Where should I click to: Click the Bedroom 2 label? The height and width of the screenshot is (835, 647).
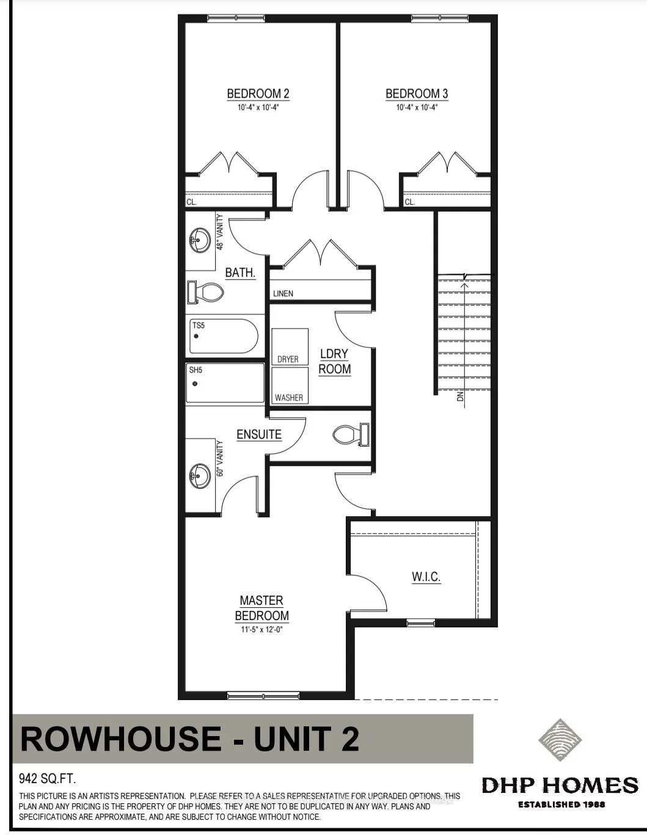tap(258, 93)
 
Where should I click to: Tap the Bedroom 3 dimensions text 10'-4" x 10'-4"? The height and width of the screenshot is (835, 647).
tap(417, 108)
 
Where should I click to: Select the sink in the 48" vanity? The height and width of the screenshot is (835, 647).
tap(200, 241)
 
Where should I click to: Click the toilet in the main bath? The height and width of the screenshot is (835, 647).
tap(205, 292)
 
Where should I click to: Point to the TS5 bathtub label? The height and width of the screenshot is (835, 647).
tap(198, 326)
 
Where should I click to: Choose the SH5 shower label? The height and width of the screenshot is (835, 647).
tap(196, 370)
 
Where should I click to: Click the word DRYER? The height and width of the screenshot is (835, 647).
tap(288, 359)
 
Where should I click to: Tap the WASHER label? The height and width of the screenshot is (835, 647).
tap(289, 398)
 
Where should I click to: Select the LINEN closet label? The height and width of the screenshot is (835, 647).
tap(283, 294)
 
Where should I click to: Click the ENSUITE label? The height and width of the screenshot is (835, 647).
tap(259, 434)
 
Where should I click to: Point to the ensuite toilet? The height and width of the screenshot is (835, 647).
tap(351, 434)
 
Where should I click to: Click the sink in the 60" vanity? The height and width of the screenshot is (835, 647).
tap(200, 476)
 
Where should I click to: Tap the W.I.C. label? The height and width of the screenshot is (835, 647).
tap(426, 577)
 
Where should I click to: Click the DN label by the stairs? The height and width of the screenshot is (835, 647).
tap(460, 396)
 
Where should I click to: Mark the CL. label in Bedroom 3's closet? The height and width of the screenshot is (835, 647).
tap(410, 202)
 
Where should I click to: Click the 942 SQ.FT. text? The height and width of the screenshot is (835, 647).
tap(47, 779)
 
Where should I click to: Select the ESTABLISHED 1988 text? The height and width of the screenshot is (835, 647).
tap(561, 804)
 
